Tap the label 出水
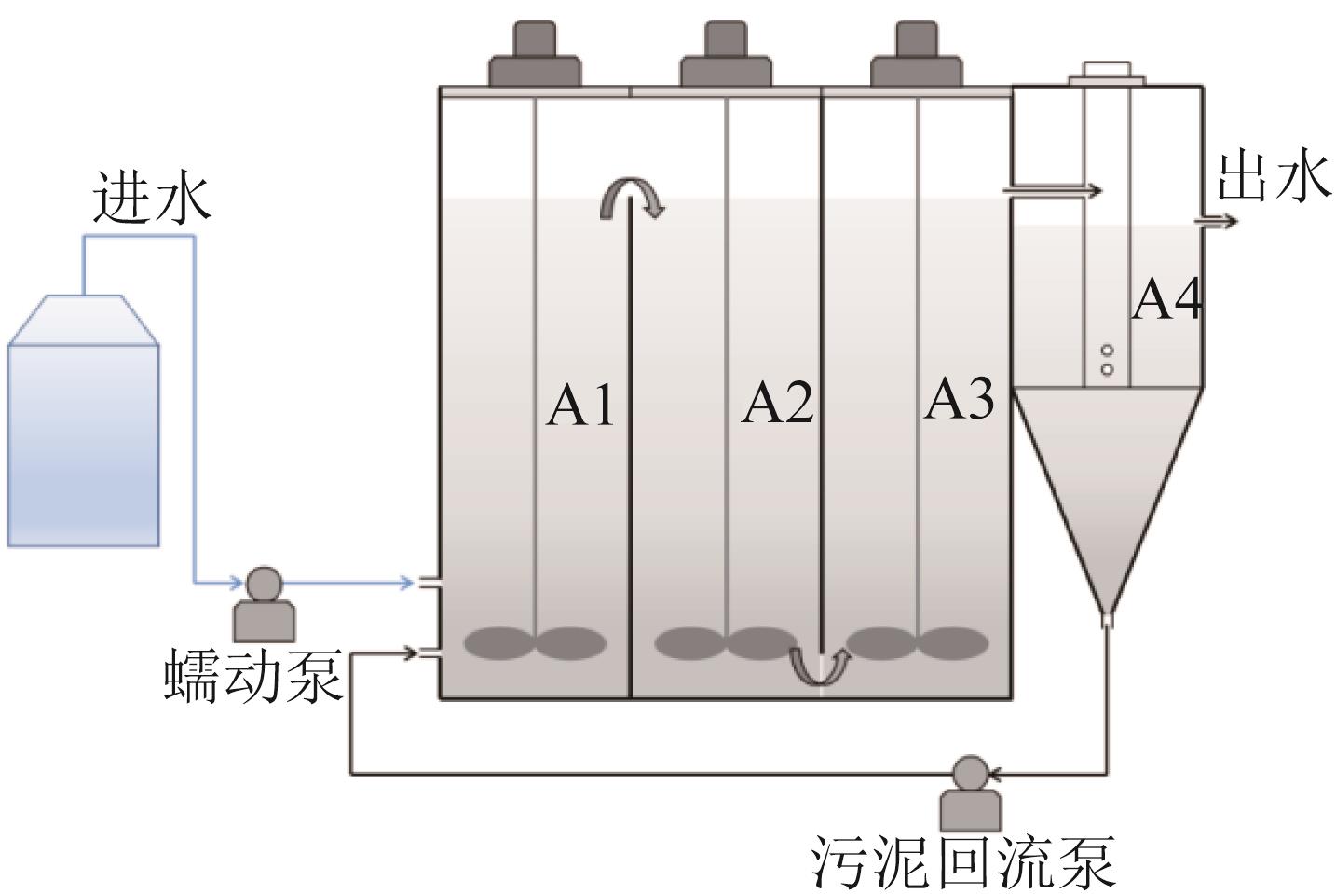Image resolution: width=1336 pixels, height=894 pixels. (1272, 177)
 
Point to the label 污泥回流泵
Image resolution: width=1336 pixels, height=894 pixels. (962, 862)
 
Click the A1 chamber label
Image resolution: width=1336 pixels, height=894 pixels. (579, 406)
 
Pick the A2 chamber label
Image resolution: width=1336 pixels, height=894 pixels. (777, 404)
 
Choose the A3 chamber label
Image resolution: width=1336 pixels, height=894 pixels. (960, 399)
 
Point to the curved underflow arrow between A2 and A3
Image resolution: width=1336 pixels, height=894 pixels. (821, 665)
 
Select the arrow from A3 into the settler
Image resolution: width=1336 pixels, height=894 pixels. (1053, 190)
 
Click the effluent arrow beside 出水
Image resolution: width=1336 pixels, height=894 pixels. (1218, 222)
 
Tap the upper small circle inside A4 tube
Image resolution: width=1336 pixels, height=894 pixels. (1108, 351)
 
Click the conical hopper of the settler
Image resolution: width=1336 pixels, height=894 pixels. (1106, 485)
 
